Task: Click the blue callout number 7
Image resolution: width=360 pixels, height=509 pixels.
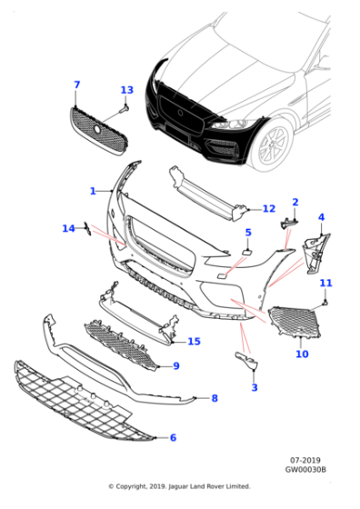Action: [x=76, y=85]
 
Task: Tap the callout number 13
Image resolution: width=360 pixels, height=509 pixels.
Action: [x=127, y=90]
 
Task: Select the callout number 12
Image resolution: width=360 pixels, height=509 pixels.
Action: [x=269, y=208]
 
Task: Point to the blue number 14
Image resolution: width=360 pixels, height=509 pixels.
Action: [x=68, y=228]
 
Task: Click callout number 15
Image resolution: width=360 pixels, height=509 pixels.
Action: [x=195, y=341]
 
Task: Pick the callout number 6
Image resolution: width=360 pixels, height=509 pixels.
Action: [x=173, y=437]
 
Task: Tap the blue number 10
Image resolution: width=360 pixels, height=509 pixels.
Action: [x=302, y=354]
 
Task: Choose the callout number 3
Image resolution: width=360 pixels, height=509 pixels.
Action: [x=255, y=387]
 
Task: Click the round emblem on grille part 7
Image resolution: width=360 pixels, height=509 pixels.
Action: [x=97, y=129]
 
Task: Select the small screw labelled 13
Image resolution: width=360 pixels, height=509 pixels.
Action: [x=124, y=109]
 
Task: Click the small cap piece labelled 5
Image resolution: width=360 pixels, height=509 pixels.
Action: [x=246, y=252]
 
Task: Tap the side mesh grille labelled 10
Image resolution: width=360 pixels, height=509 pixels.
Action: [x=295, y=322]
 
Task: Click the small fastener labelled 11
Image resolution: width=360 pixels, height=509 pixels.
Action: [x=325, y=303]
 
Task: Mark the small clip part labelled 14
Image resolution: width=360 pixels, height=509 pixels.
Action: [x=87, y=228]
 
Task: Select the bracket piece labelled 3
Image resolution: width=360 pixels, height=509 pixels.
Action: [x=246, y=360]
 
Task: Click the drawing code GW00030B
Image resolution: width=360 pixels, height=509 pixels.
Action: [x=305, y=469]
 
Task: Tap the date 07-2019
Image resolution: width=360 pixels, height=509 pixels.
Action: [x=305, y=460]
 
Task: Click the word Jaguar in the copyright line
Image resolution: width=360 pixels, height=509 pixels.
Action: [x=179, y=486]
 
